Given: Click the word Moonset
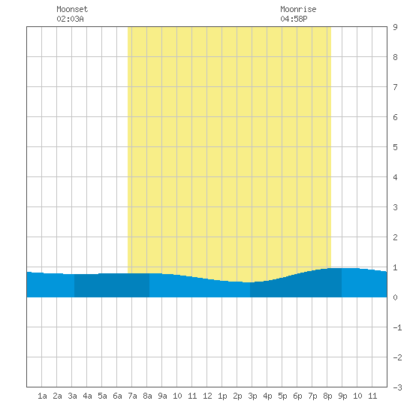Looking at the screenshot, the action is coord(72,9).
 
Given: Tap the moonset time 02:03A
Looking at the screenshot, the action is coord(70,19).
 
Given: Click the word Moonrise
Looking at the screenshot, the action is coord(298,9).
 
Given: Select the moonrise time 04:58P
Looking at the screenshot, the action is coord(294,19).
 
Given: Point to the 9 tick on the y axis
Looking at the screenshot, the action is coord(395,27).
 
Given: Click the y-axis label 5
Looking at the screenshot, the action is coord(395,147).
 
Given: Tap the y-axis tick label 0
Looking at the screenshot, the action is coord(395,297).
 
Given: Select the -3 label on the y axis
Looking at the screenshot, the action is coord(397,387).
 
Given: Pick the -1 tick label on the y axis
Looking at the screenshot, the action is coord(397,327).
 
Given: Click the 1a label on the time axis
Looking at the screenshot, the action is coord(42,396).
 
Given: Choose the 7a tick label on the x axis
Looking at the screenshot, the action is coord(132,396).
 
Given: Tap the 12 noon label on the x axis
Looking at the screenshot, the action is coord(207,396).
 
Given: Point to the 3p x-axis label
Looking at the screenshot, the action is coord(252,396).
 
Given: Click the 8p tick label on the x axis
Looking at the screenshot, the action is coord(327,396).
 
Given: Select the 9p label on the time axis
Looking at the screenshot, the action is coord(342,396).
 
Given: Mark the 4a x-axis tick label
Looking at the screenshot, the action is coord(87,396).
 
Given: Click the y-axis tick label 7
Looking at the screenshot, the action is coord(395,87).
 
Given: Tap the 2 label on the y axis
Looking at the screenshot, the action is coord(395,237).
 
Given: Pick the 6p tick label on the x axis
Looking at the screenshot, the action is coord(297,396).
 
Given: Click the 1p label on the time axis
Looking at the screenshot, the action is coord(222,396).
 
